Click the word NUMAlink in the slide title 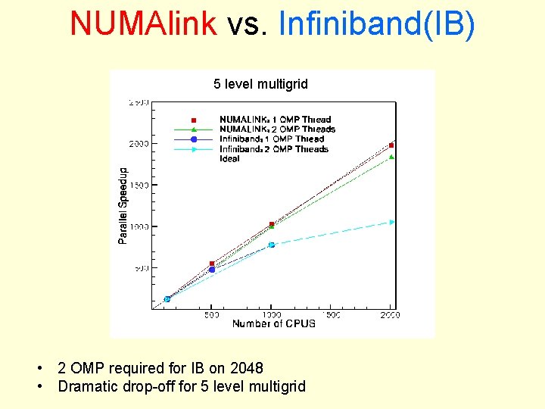[144, 23]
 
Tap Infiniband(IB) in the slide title [377, 23]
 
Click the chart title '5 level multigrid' [260, 84]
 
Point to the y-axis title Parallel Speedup [123, 206]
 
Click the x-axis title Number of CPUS [273, 324]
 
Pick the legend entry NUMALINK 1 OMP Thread [275, 120]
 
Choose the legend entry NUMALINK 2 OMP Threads [277, 130]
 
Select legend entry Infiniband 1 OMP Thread [271, 139]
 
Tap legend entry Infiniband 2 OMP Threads [273, 149]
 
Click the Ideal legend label [229, 159]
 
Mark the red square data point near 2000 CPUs [391, 145]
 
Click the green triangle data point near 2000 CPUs [391, 157]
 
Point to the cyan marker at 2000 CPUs [392, 222]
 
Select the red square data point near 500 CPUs [212, 264]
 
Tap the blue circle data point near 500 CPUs [212, 270]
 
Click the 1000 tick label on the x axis [271, 314]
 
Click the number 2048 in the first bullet [247, 368]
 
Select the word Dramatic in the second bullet [87, 386]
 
